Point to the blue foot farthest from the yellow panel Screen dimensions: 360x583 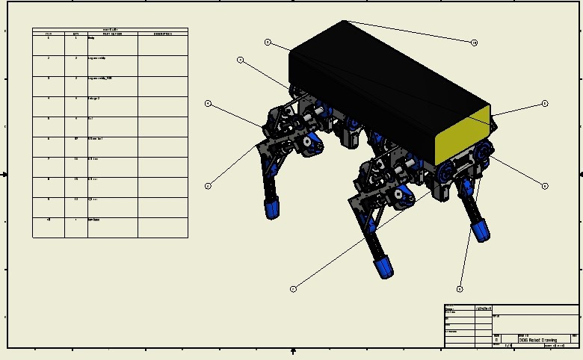[272, 207]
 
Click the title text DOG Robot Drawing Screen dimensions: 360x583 [537, 340]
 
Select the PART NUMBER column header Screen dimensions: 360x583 [112, 34]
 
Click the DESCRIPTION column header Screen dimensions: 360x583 [162, 34]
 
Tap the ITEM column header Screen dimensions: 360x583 [49, 34]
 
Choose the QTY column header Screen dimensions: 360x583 [75, 34]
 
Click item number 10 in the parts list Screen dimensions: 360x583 [49, 220]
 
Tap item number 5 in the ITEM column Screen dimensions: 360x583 [49, 119]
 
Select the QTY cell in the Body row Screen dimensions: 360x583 [75, 38]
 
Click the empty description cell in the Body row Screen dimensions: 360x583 [162, 45]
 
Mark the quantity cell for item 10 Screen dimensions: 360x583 [75, 220]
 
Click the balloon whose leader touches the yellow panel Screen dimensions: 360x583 [545, 104]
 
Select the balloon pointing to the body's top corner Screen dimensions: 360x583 [474, 43]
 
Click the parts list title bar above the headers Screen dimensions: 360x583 [110, 29]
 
